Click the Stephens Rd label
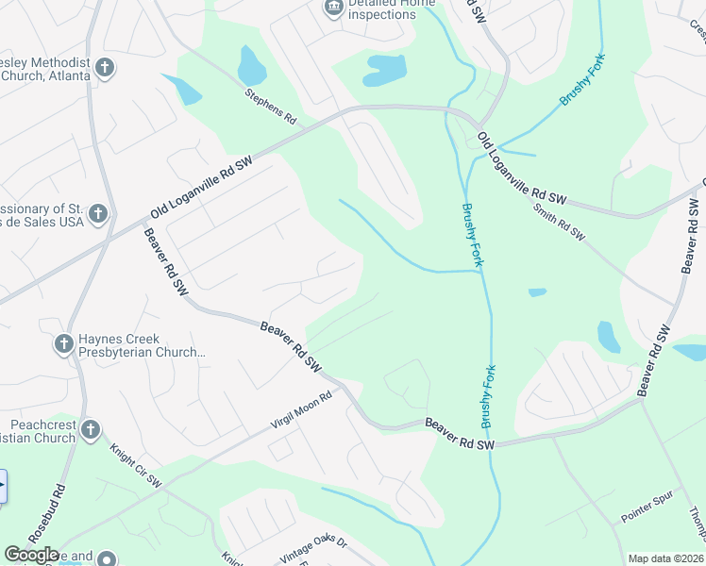pos(271,108)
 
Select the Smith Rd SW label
pos(559,222)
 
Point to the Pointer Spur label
pos(646,513)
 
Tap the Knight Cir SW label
pos(137,467)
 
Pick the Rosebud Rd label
pos(46,515)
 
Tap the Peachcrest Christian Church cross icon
pos(91,430)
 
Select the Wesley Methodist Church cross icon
pos(105,67)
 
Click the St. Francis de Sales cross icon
pos(97,215)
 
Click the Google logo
pos(31,555)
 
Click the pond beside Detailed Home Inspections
pos(385,70)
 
